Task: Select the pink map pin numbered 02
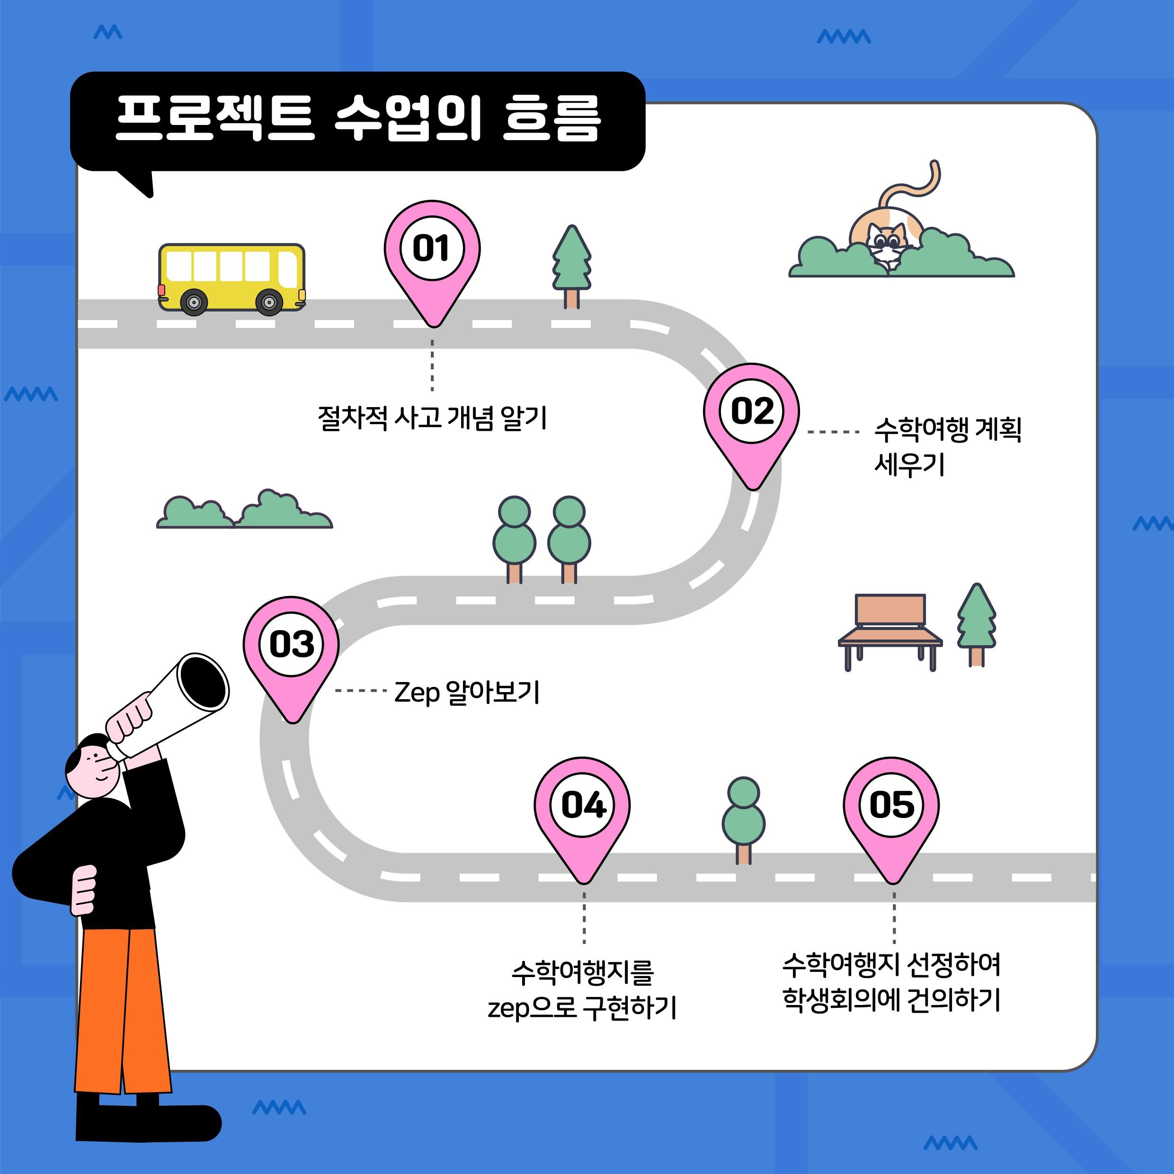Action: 752,426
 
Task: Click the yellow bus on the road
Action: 231,279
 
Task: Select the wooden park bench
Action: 890,632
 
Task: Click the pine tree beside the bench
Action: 977,625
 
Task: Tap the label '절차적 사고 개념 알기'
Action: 432,418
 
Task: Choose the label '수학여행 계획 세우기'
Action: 947,446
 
